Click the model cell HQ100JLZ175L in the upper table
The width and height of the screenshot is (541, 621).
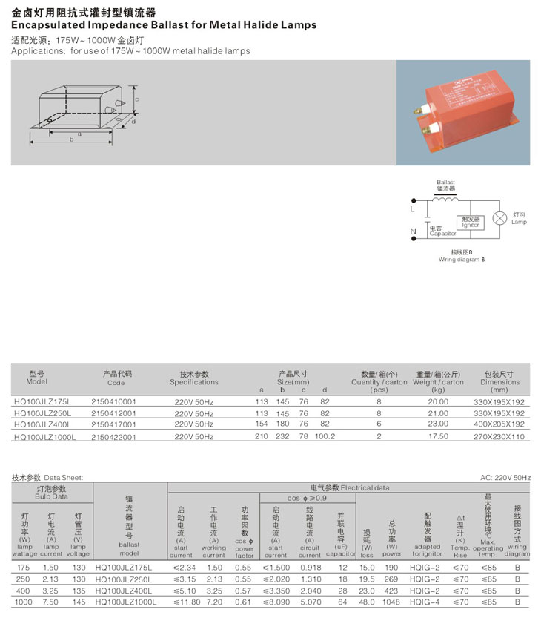click(x=42, y=401)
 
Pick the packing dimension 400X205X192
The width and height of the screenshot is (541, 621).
click(x=499, y=424)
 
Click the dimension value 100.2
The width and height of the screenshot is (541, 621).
click(x=325, y=436)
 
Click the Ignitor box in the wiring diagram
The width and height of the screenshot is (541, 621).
click(x=471, y=222)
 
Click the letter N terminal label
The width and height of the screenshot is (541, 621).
click(x=413, y=231)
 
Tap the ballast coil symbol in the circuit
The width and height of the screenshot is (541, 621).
click(x=445, y=198)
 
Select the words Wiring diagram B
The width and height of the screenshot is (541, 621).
click(x=461, y=260)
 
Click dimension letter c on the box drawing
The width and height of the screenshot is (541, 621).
click(x=136, y=99)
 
